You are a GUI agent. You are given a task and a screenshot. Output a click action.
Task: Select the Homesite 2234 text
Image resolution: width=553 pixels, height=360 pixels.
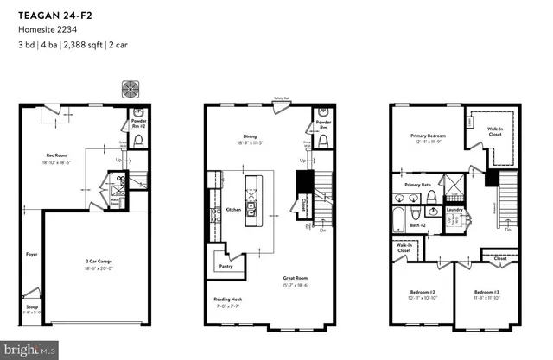tap(41, 30)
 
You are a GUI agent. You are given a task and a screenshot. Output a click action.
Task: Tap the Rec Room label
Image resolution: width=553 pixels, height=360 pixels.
tap(57, 155)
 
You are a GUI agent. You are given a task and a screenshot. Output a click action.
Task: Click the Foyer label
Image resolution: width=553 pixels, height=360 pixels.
tap(31, 254)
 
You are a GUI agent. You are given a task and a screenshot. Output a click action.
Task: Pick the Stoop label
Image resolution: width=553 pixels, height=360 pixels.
tap(31, 306)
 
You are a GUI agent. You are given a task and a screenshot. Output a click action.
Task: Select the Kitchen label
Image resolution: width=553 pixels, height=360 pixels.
tap(233, 210)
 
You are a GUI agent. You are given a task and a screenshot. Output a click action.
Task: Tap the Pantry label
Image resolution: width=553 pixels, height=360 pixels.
tap(226, 266)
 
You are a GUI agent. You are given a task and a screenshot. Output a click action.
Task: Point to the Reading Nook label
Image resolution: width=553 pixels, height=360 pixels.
tap(227, 300)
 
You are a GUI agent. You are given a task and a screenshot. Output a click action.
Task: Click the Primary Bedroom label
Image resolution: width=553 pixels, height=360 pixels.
tap(428, 136)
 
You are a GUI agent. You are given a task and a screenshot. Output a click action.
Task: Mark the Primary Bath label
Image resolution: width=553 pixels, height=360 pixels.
tap(418, 184)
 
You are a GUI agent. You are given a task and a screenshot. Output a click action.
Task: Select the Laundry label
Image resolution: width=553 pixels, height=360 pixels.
tap(454, 210)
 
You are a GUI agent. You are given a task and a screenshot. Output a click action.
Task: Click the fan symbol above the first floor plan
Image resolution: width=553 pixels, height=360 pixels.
tap(131, 87)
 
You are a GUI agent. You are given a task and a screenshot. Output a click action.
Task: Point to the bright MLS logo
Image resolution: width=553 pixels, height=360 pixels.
tap(30, 349)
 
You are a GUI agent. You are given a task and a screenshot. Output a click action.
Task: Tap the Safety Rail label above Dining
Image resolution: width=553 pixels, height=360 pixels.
tap(282, 99)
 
